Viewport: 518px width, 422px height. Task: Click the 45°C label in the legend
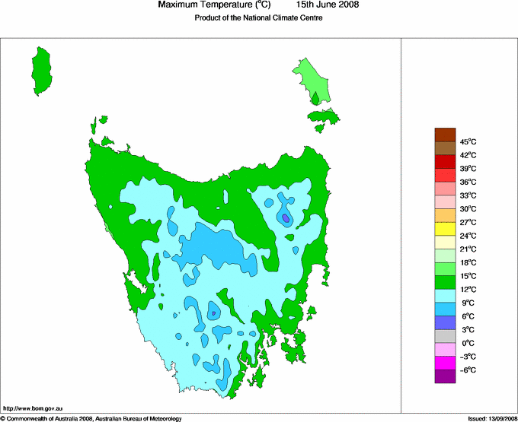pyautogui.click(x=468, y=141)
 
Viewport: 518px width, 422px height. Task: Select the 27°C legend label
pyautogui.click(x=468, y=222)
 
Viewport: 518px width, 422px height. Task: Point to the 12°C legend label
pyautogui.click(x=468, y=289)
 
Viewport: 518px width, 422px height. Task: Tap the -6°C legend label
pyautogui.click(x=467, y=370)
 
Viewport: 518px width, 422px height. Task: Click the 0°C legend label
pyautogui.click(x=468, y=343)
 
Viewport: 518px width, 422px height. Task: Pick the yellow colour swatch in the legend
pyautogui.click(x=446, y=229)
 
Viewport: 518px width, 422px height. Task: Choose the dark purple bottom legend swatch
pyautogui.click(x=446, y=376)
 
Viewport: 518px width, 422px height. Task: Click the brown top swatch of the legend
pyautogui.click(x=446, y=135)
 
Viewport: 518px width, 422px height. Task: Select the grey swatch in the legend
pyautogui.click(x=446, y=335)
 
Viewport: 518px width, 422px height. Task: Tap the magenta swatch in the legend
pyautogui.click(x=446, y=363)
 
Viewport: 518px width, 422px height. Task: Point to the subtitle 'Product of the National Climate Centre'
pyautogui.click(x=258, y=18)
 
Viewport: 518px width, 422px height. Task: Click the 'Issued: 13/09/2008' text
pyautogui.click(x=487, y=418)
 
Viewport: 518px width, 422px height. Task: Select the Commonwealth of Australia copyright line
pyautogui.click(x=91, y=418)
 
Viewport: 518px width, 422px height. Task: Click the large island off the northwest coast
pyautogui.click(x=43, y=69)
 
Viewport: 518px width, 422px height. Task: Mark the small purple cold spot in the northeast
pyautogui.click(x=286, y=218)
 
